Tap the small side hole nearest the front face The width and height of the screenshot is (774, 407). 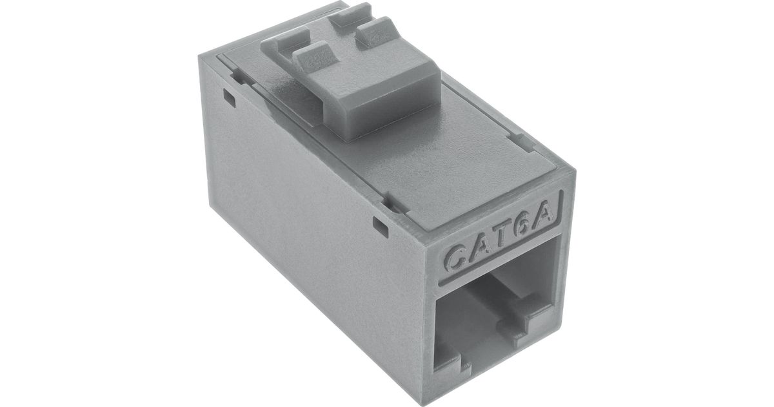[x=381, y=227]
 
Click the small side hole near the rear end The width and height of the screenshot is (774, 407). [x=229, y=98]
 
